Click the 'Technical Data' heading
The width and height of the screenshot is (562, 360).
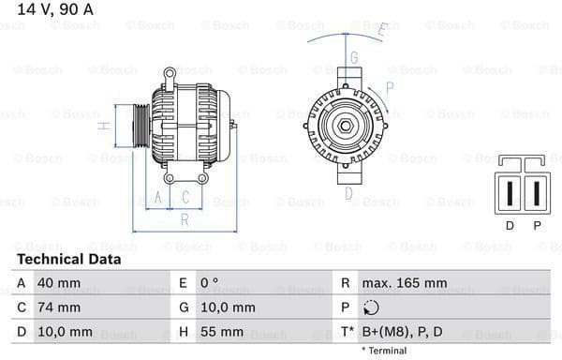(68, 259)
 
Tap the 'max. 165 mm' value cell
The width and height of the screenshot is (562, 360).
(406, 282)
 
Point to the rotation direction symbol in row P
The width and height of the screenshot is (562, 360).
(371, 307)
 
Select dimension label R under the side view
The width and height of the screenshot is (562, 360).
(185, 219)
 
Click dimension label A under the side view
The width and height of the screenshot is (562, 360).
(158, 197)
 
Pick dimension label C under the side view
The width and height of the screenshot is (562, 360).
(185, 197)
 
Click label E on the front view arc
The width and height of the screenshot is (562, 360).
(382, 30)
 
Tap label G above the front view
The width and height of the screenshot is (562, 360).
(354, 58)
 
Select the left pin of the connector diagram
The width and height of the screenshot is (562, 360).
(510, 193)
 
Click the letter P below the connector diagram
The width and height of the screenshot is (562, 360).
(537, 226)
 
